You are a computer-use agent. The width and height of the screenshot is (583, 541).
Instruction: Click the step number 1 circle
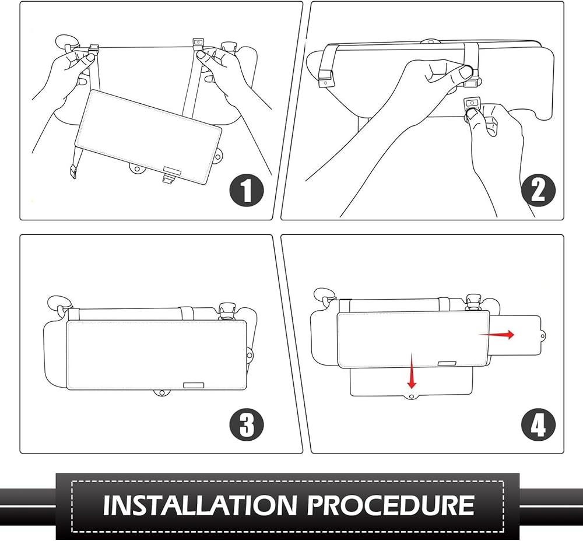point(247,191)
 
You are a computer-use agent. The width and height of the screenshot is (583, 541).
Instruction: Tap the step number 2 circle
point(538,191)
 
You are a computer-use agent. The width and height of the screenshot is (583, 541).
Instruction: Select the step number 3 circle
point(247,425)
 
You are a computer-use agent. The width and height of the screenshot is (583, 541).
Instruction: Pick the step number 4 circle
point(538,425)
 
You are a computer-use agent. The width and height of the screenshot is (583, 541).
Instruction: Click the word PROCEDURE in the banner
point(391,505)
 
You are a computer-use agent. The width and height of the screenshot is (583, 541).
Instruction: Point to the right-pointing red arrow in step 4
point(496,335)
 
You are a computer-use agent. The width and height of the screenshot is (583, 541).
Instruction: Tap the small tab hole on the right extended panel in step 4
point(543,336)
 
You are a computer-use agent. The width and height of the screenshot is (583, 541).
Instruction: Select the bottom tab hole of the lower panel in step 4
point(411,397)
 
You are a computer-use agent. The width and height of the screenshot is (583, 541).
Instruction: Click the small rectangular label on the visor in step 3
point(194,385)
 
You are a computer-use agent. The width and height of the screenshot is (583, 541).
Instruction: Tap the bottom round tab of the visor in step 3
point(161,393)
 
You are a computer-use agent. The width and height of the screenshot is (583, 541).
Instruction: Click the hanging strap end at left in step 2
point(325,75)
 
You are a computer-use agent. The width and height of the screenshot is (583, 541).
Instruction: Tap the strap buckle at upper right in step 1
point(198,42)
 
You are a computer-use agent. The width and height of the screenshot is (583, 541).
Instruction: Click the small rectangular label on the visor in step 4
point(447,363)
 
